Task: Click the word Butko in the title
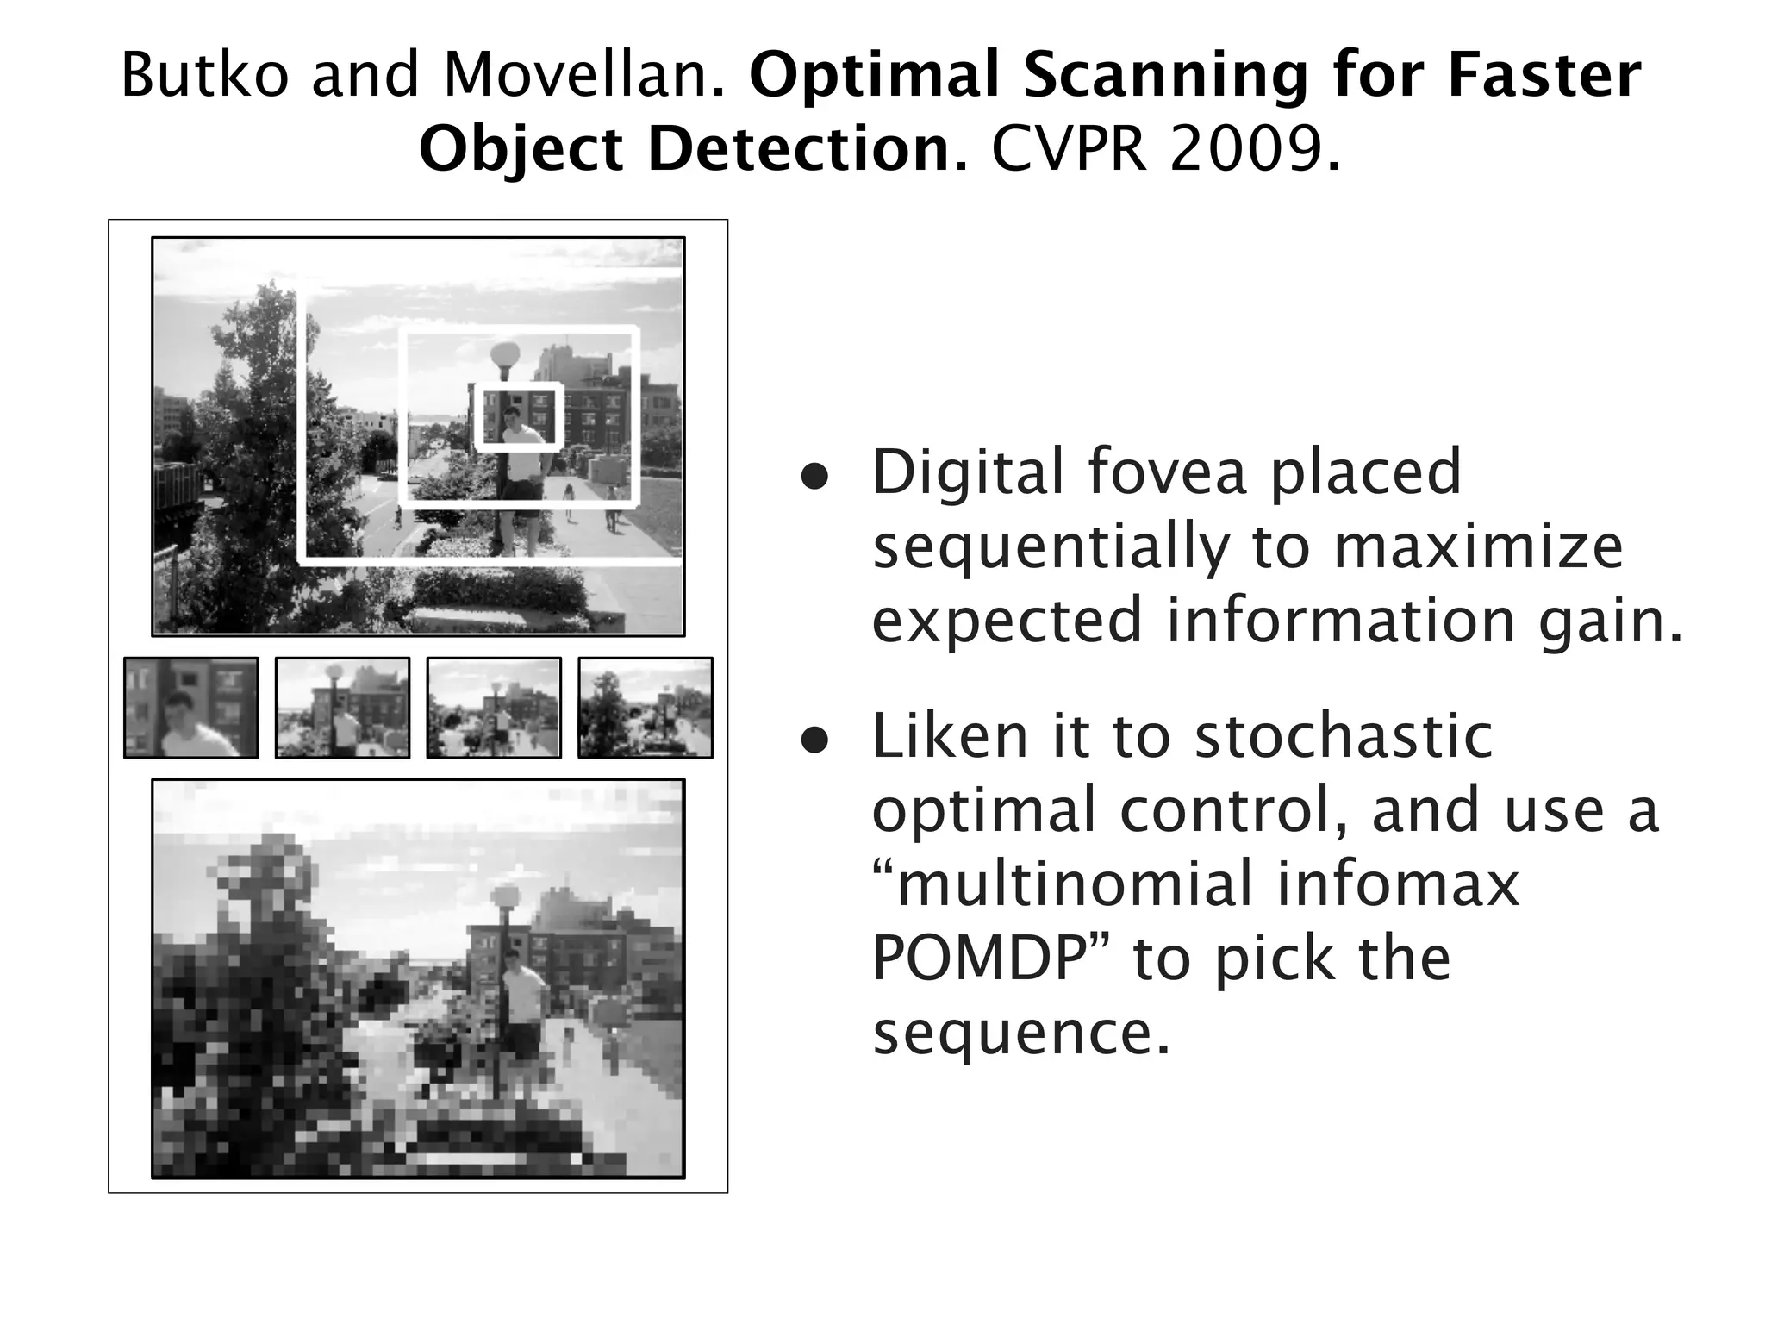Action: [x=204, y=75]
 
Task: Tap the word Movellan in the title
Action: [x=582, y=75]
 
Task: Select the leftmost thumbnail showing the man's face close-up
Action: [x=191, y=708]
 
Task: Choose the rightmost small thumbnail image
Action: [x=646, y=708]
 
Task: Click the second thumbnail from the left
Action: [x=342, y=708]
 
